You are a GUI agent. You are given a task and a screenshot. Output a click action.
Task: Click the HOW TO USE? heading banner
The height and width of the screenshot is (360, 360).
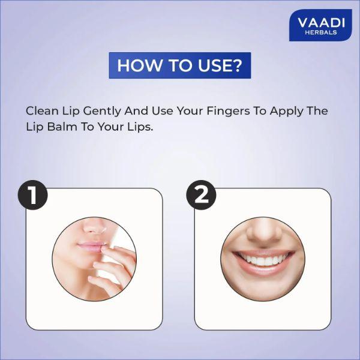point(179,65)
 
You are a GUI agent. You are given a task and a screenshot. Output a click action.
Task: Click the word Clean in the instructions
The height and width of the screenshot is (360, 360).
point(41,112)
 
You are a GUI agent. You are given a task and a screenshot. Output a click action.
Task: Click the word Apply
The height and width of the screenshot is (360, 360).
point(282,112)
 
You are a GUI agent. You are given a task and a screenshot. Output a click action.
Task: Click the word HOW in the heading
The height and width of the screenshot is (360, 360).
point(133,65)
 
